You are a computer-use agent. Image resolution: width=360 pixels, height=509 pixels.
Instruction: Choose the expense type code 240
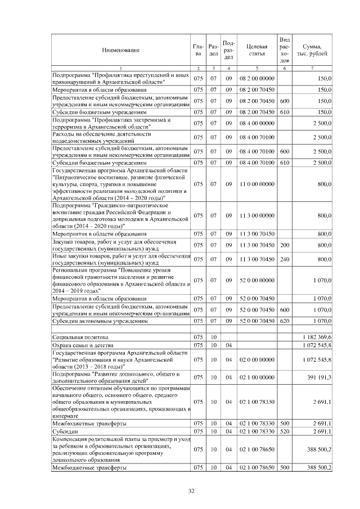click(284, 259)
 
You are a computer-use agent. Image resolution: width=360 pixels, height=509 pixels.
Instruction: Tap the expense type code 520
click(284, 431)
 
